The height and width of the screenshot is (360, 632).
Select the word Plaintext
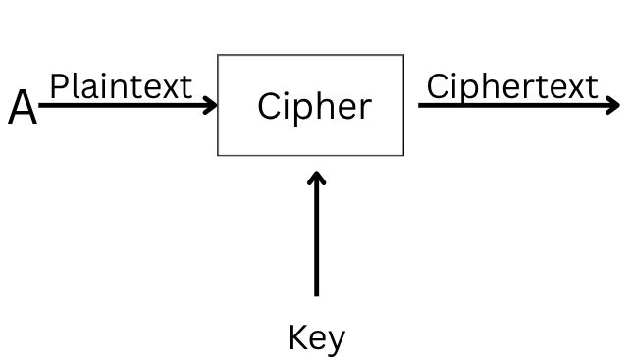120,86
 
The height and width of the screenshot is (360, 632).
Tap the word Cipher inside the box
314,106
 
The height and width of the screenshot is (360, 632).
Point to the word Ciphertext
511,86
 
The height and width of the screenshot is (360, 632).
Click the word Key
316,337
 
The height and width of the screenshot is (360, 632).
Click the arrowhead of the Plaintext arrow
211,103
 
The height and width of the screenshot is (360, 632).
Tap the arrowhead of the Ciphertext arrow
614,103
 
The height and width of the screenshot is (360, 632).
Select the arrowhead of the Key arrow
316,177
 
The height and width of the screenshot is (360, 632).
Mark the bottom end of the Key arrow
316,293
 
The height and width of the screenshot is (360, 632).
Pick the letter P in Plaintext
58,86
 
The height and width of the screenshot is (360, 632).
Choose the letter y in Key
336,340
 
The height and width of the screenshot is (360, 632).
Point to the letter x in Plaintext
168,88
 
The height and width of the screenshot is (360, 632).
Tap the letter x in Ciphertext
574,88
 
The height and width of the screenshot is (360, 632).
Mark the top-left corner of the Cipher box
218,55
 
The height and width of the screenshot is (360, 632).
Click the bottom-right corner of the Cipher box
403,155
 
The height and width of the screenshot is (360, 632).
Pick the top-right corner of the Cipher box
403,55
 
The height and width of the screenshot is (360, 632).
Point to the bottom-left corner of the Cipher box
218,155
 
